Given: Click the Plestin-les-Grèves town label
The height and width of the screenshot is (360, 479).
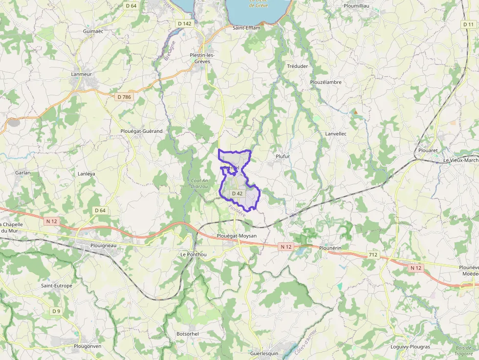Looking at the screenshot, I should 202,58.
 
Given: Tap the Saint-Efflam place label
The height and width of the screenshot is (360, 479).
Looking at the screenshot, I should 246,28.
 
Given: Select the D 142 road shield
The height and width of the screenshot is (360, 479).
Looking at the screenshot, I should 184,23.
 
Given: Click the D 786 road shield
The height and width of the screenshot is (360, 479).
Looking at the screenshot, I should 124,97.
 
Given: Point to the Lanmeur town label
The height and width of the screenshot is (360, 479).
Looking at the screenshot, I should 82,74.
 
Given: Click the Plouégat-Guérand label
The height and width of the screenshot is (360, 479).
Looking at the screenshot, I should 141,131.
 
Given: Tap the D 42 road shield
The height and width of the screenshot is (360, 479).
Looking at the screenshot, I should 237,193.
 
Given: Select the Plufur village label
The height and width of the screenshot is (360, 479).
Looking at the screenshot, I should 283,156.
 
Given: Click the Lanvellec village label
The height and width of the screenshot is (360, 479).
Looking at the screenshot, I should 335,133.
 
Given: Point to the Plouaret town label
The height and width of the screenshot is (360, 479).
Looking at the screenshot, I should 428,150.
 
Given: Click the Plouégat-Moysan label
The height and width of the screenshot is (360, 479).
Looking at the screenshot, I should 237,236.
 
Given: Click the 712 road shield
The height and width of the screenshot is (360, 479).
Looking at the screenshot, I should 373,255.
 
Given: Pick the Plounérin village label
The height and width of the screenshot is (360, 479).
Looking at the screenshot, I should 330,248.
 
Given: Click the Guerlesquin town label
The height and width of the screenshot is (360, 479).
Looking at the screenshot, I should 264,353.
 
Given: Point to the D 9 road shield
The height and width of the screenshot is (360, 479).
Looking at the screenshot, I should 56,311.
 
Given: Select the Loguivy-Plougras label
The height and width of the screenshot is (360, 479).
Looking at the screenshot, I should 410,347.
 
